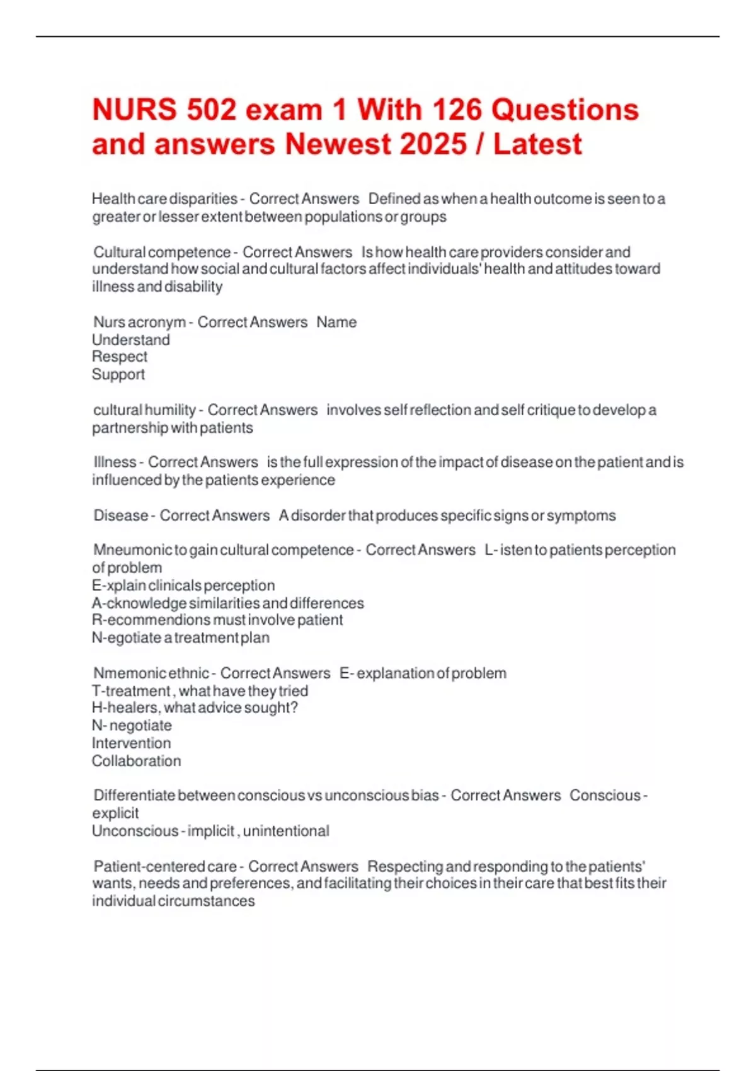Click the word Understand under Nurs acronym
(130, 340)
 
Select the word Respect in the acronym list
(119, 357)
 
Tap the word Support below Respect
(118, 374)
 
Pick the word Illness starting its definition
(115, 462)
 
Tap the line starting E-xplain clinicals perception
(183, 585)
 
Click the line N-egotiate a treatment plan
(180, 638)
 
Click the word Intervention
(131, 743)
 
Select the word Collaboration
(136, 761)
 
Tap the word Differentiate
(134, 796)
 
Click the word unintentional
(286, 831)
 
